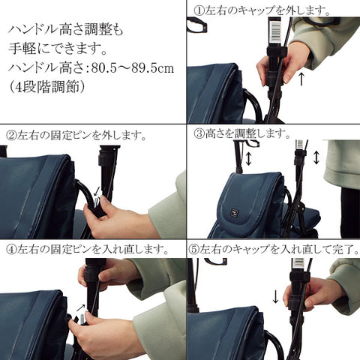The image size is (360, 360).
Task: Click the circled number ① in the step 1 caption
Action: [199, 10]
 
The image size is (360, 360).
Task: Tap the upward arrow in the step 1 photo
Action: [301, 76]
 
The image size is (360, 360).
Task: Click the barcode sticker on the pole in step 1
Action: [285, 34]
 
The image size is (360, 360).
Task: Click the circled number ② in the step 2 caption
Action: [12, 136]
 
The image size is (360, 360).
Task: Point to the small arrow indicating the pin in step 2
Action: [97, 193]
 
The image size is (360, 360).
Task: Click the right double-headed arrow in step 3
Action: [316, 158]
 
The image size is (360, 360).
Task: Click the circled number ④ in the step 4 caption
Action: [12, 250]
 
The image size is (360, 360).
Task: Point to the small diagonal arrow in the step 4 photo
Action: [82, 307]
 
